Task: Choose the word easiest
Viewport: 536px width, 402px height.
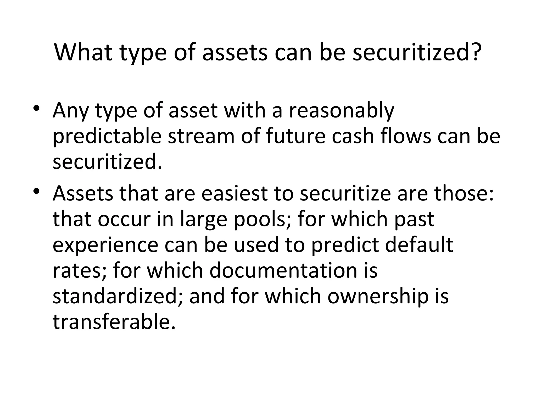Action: [x=234, y=194]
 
